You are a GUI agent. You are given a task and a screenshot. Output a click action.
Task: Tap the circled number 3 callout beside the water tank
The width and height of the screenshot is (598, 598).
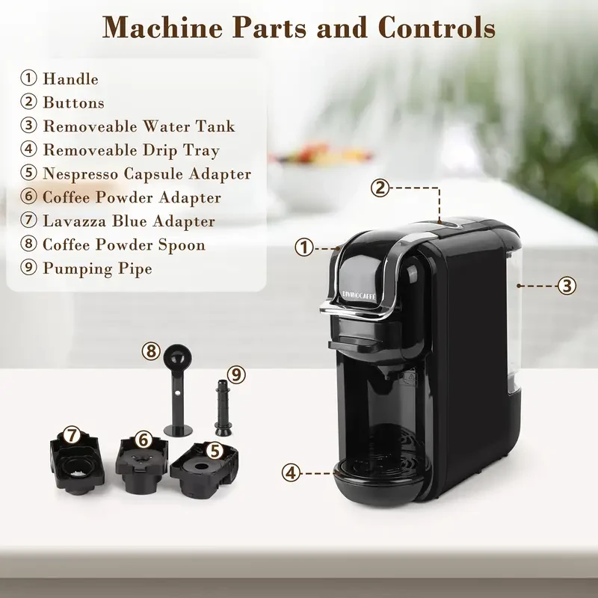click(567, 285)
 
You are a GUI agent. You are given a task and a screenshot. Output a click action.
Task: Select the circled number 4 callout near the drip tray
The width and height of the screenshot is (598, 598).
click(292, 472)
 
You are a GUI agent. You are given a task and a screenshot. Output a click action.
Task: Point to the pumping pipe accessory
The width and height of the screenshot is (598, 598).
click(221, 407)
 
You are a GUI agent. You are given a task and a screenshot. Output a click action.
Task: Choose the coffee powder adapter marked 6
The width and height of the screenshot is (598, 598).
click(140, 465)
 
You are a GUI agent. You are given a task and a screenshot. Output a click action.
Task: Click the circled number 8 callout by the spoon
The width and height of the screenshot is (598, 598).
click(152, 349)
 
